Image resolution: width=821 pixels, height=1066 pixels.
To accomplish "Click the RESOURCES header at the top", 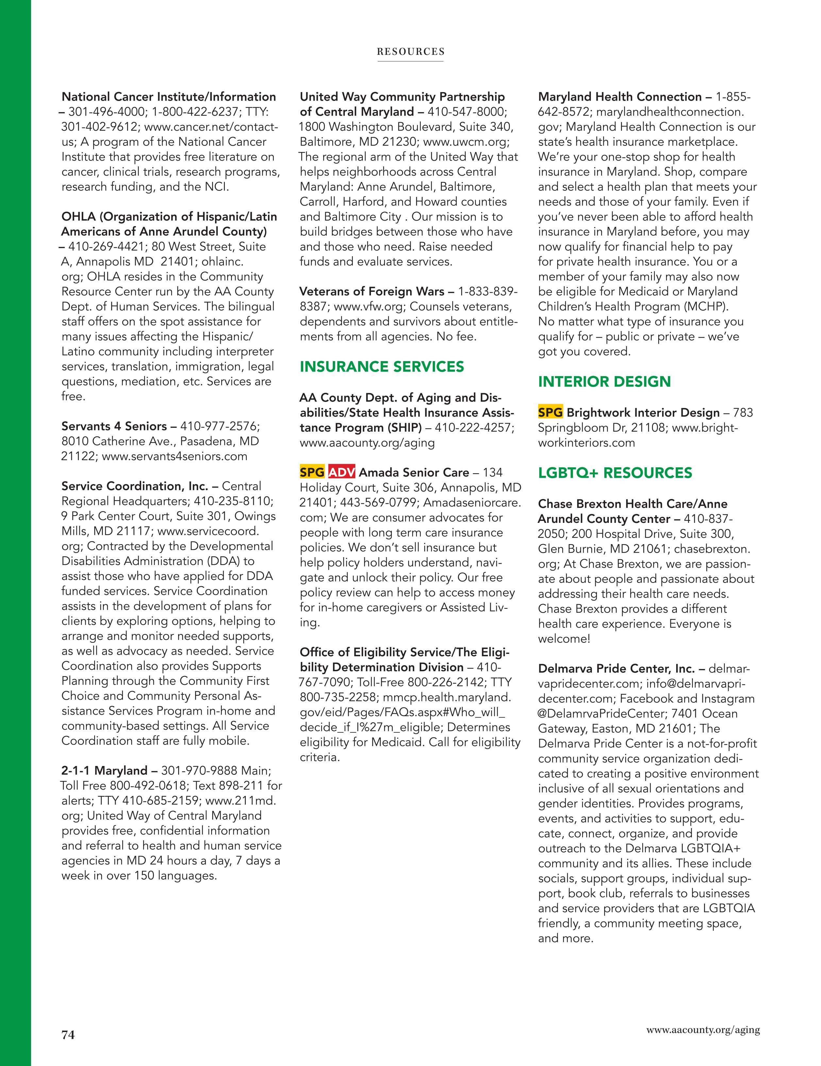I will tap(410, 52).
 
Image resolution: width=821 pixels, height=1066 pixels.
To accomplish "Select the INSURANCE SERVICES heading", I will tap(382, 367).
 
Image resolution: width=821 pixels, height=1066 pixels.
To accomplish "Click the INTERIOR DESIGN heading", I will tap(604, 382).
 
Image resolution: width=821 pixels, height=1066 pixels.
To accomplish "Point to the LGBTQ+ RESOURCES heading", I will tap(615, 473).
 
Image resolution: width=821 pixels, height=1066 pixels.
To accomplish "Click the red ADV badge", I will tap(342, 473).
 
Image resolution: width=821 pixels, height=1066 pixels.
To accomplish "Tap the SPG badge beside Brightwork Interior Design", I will tap(550, 412).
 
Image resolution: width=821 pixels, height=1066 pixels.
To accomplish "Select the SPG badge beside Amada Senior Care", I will tap(312, 473).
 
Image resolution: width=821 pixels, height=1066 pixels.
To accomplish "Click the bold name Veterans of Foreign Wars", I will tap(372, 292).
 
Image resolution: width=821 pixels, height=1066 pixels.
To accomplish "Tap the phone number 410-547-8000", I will tap(467, 112).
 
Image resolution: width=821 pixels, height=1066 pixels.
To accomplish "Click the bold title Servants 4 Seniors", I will tap(114, 426).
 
